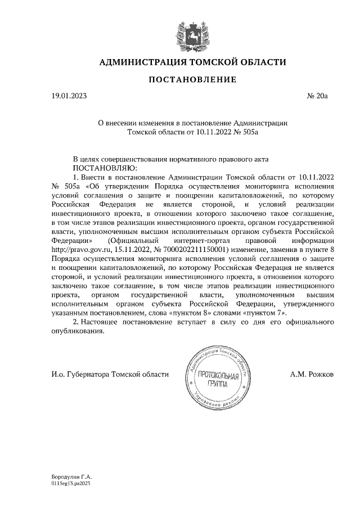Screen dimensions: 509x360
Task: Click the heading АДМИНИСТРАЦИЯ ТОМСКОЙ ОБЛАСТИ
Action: pyautogui.click(x=192, y=62)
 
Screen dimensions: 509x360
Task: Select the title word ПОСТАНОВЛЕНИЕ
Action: pyautogui.click(x=192, y=80)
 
